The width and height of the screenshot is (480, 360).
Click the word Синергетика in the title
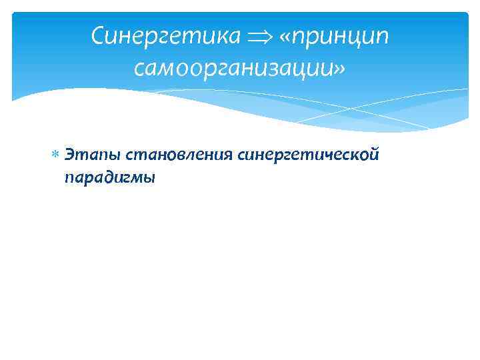pos(165,36)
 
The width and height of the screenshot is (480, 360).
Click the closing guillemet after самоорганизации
pos(340,67)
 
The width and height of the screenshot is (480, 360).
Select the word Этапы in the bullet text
pos(85,156)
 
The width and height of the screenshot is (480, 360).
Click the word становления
pos(170,156)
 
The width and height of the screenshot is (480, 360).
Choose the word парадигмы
pos(109,177)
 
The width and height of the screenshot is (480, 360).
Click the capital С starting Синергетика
pos(99,36)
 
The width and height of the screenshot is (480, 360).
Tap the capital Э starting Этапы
pos(69,155)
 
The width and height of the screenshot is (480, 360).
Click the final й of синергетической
pos(375,155)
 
